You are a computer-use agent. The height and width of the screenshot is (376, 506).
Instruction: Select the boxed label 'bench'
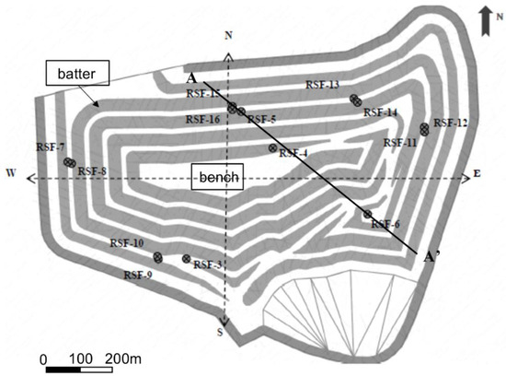pos(217,175)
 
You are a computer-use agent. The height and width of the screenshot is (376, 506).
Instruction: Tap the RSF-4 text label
pos(293,153)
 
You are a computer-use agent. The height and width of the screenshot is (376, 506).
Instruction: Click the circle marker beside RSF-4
pos(272,147)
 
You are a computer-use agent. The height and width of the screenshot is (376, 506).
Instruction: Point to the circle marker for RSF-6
pos(367,215)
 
